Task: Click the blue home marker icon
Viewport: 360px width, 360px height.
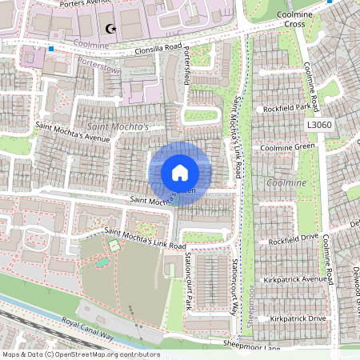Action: tap(180, 172)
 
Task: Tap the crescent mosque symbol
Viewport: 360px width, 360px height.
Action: tap(110, 29)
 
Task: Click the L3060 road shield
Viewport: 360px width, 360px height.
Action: tap(318, 126)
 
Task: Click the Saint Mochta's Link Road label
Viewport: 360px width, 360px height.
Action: tap(145, 238)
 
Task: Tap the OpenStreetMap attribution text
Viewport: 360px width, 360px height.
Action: tap(80, 354)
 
